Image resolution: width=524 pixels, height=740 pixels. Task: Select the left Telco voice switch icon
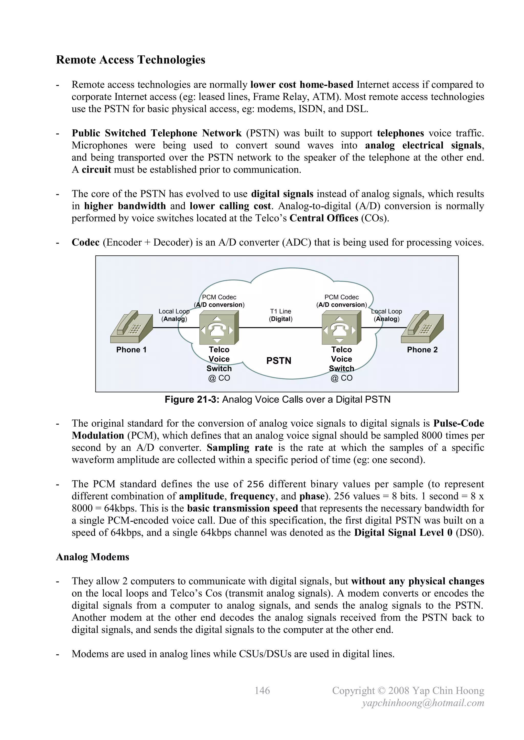click(219, 328)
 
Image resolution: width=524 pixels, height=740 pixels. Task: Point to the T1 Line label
click(280, 312)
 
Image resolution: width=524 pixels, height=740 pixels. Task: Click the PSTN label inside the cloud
click(279, 361)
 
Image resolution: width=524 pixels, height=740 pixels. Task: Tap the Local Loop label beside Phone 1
click(174, 312)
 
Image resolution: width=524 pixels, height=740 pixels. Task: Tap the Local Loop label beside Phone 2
click(387, 312)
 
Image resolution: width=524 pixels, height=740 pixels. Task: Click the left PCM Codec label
click(219, 298)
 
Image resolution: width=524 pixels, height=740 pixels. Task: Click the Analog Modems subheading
click(93, 557)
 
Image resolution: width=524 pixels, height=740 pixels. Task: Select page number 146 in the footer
click(262, 690)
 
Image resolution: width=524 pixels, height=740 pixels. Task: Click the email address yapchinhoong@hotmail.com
click(423, 703)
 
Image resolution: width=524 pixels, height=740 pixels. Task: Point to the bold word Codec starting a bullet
click(85, 242)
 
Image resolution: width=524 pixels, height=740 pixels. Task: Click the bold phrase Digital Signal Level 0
click(403, 533)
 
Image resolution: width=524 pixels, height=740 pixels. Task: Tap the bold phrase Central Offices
click(324, 218)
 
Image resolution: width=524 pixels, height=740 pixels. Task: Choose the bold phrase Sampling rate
click(239, 448)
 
